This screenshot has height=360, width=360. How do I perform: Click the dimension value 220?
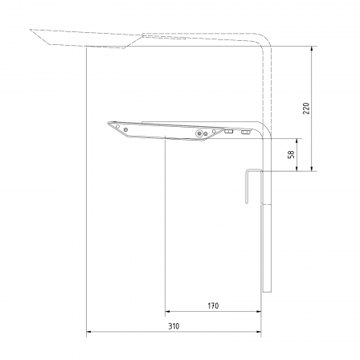coord(306,108)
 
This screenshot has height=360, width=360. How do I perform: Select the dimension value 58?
coord(291,154)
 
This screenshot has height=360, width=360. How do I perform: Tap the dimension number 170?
coord(213,305)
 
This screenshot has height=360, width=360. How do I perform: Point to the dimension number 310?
coord(174,326)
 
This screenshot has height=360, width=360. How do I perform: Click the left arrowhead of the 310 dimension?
coord(88,332)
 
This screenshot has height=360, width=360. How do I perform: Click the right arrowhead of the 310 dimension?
coord(259,332)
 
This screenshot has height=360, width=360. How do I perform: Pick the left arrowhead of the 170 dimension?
coord(168,311)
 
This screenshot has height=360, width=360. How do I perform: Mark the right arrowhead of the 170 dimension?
coord(259,311)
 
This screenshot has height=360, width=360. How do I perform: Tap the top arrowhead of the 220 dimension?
coord(312,49)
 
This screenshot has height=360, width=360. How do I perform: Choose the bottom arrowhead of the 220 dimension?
coord(312,168)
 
